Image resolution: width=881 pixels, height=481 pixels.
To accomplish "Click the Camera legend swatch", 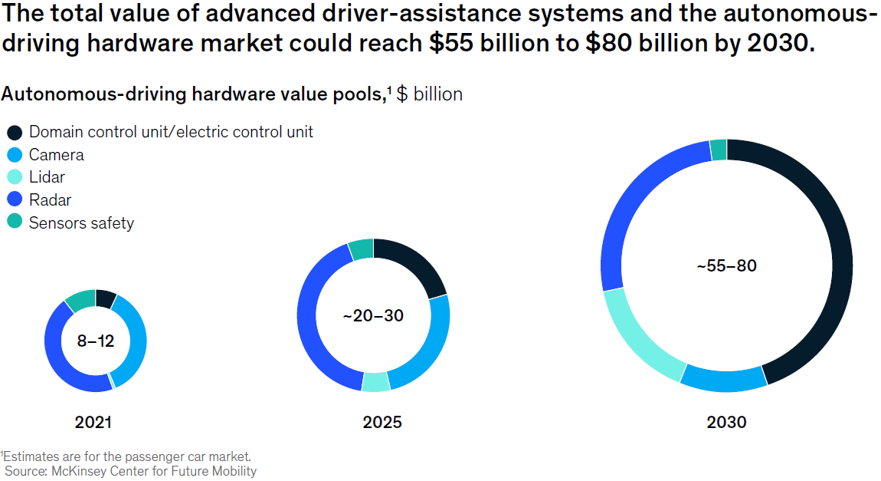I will pos(15,155).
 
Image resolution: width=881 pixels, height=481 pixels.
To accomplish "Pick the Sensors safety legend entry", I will pos(81,223).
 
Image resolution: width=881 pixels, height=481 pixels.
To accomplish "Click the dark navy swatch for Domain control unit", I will pos(15,132).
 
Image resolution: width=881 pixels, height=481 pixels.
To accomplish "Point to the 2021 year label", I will pos(93,422).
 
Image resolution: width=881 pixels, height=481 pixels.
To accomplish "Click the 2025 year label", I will pos(382,422).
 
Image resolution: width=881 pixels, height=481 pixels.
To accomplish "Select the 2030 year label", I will pos(726,422).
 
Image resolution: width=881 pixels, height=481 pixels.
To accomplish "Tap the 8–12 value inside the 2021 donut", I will pos(96,341).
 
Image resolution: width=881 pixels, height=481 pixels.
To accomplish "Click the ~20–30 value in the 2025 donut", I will pos(373,315).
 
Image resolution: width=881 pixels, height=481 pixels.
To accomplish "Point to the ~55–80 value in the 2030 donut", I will pos(726,266).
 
